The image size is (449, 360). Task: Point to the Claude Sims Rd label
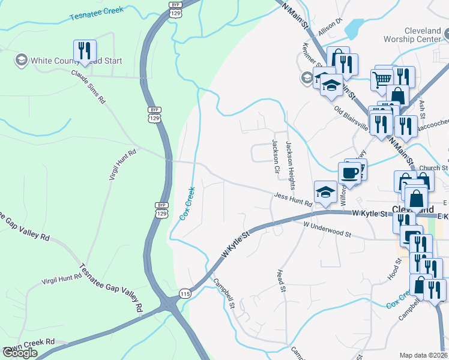(88, 87)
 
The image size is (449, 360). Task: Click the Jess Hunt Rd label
(293, 200)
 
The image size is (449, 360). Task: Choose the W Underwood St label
(327, 229)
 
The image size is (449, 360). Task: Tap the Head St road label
(280, 281)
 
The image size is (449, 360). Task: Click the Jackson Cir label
(276, 156)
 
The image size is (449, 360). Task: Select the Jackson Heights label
(291, 158)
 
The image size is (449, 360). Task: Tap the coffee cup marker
(350, 173)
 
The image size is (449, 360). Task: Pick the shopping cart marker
(381, 79)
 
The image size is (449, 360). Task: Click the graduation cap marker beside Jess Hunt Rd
(325, 192)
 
